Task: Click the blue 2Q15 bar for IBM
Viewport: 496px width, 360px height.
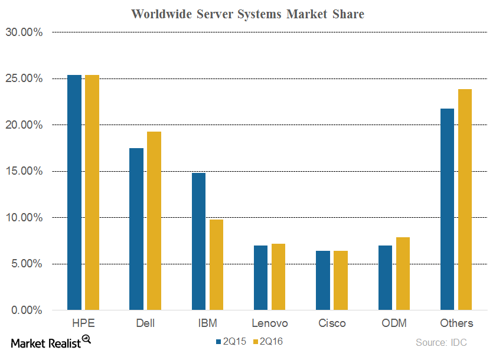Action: pyautogui.click(x=198, y=241)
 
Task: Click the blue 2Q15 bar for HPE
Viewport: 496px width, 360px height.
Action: pyautogui.click(x=74, y=192)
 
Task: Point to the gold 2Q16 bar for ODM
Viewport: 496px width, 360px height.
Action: pyautogui.click(x=403, y=274)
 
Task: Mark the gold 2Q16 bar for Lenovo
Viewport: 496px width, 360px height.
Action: pyautogui.click(x=278, y=277)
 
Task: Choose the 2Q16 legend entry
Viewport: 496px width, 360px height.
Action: pyautogui.click(x=269, y=341)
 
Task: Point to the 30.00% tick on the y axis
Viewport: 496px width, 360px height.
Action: pyautogui.click(x=24, y=32)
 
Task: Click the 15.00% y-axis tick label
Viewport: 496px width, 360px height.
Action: pyautogui.click(x=24, y=171)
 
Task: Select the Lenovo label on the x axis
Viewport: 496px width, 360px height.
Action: pyautogui.click(x=270, y=323)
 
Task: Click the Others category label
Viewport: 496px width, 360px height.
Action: pyautogui.click(x=456, y=323)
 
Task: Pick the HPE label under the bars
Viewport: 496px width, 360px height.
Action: pyautogui.click(x=83, y=323)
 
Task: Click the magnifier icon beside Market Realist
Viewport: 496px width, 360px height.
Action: pyautogui.click(x=86, y=339)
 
